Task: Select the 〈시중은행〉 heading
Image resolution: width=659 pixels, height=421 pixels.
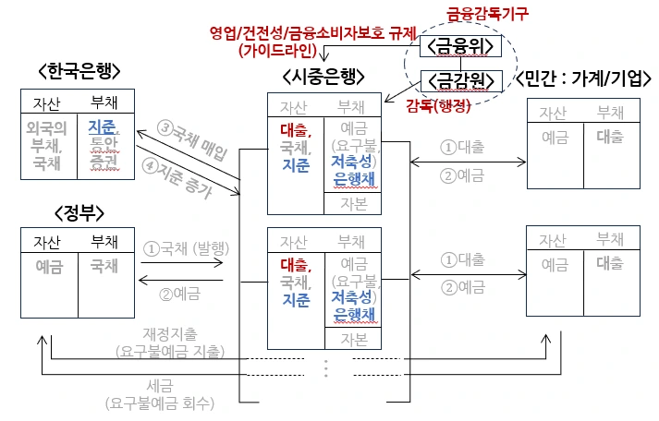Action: click(x=323, y=76)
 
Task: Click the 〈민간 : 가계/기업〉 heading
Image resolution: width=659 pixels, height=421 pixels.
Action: click(x=585, y=76)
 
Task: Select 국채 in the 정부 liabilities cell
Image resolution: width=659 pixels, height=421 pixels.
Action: click(x=104, y=266)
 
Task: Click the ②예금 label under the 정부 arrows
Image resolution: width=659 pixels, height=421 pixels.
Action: click(x=179, y=294)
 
